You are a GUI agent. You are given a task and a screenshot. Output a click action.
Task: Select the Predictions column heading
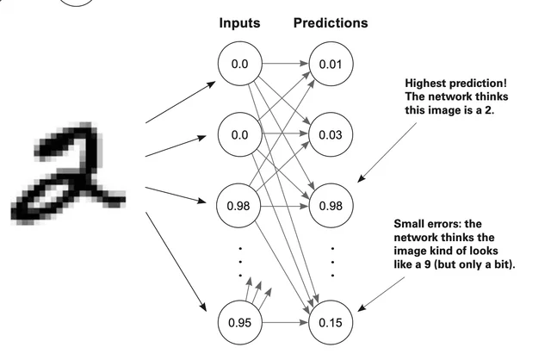click(x=331, y=23)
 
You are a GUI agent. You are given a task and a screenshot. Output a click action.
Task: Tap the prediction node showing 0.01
click(x=331, y=64)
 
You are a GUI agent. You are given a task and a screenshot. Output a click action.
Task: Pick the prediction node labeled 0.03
click(x=331, y=134)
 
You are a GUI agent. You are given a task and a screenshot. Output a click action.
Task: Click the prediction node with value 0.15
click(x=331, y=323)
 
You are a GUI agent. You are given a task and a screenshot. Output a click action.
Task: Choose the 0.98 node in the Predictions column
click(x=331, y=205)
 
